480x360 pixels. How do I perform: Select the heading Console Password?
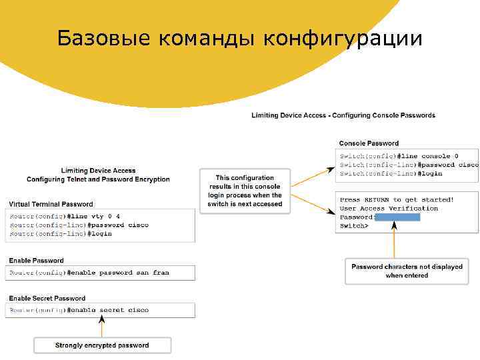tap(369, 143)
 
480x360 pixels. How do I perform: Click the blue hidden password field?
tap(397, 217)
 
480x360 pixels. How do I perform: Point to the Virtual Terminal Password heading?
tap(51, 204)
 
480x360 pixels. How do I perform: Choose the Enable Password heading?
tap(36, 261)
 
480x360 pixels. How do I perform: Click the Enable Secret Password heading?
tap(47, 298)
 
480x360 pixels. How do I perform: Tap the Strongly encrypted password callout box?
tap(102, 345)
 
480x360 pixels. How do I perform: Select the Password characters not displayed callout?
tap(407, 271)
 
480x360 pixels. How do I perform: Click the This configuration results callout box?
tap(245, 191)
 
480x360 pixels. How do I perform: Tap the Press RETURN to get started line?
tap(397, 199)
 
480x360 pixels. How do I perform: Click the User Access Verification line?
tap(389, 208)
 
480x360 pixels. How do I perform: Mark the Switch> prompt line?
tap(353, 226)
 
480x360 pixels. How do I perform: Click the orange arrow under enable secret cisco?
tap(102, 327)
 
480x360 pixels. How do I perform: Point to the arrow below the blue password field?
tap(395, 239)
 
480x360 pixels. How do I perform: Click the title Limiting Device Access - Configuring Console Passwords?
tap(343, 115)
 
